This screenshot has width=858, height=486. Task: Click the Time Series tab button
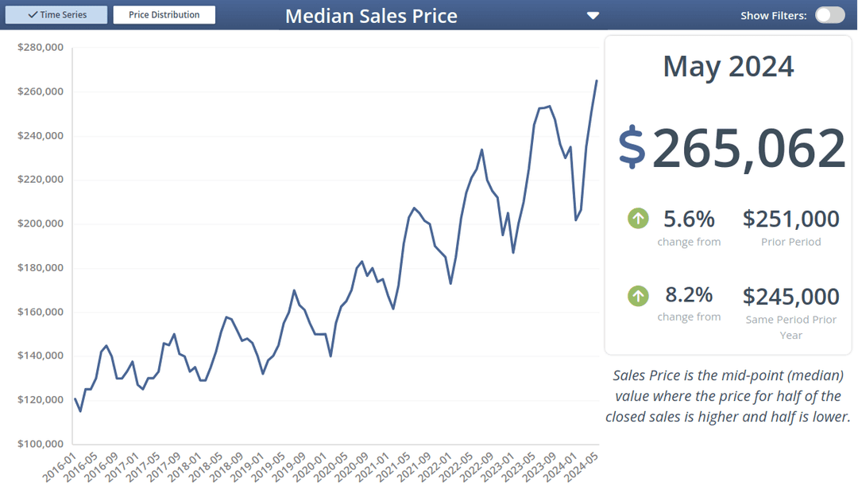(56, 15)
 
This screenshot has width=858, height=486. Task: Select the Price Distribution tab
(164, 15)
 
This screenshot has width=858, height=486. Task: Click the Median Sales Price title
(371, 16)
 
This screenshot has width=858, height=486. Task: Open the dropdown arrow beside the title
(593, 16)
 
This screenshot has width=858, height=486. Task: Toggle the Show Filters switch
(829, 15)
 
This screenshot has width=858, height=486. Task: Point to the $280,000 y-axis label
(40, 48)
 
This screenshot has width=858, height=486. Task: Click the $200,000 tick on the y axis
(40, 224)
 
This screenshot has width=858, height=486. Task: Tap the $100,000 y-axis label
(40, 443)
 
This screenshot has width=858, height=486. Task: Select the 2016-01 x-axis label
(60, 465)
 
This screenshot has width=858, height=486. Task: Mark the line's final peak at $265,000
(597, 80)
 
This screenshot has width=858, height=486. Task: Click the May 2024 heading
(728, 66)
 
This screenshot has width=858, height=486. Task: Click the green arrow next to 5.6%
(638, 218)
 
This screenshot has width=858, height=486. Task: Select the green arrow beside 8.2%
(638, 296)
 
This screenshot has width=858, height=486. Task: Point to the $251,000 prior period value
(790, 219)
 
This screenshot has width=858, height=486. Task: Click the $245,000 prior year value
(790, 297)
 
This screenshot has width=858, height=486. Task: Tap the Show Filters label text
(773, 16)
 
